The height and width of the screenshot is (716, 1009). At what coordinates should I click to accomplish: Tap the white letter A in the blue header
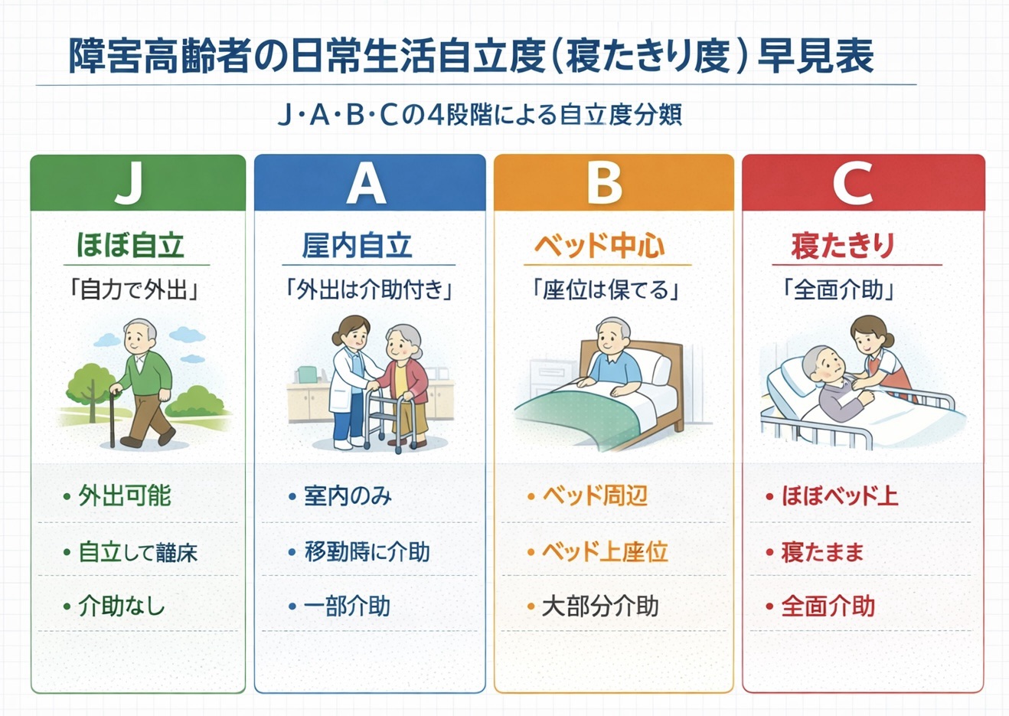(x=366, y=183)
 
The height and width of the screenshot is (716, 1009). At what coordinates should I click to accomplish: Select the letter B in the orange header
(x=604, y=183)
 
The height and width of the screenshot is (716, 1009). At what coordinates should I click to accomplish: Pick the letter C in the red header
(x=853, y=183)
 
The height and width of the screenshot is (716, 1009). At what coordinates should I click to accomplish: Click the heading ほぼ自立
(x=131, y=246)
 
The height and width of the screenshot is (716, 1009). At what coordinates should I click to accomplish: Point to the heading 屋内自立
(x=357, y=246)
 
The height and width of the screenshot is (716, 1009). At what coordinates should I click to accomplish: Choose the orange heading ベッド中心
(x=599, y=246)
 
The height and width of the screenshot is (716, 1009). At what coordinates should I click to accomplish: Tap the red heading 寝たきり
(x=843, y=246)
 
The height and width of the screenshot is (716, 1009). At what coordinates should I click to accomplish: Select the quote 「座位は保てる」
(x=606, y=290)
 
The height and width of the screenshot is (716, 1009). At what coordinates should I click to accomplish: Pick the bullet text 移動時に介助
(x=367, y=551)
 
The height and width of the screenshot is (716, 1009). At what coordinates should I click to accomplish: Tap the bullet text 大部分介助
(x=600, y=606)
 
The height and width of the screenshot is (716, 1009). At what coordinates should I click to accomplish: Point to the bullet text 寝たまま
(x=822, y=551)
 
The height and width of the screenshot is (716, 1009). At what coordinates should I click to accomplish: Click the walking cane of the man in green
(x=113, y=417)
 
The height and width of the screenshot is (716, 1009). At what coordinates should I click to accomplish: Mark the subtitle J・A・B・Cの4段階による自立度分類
(x=479, y=115)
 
